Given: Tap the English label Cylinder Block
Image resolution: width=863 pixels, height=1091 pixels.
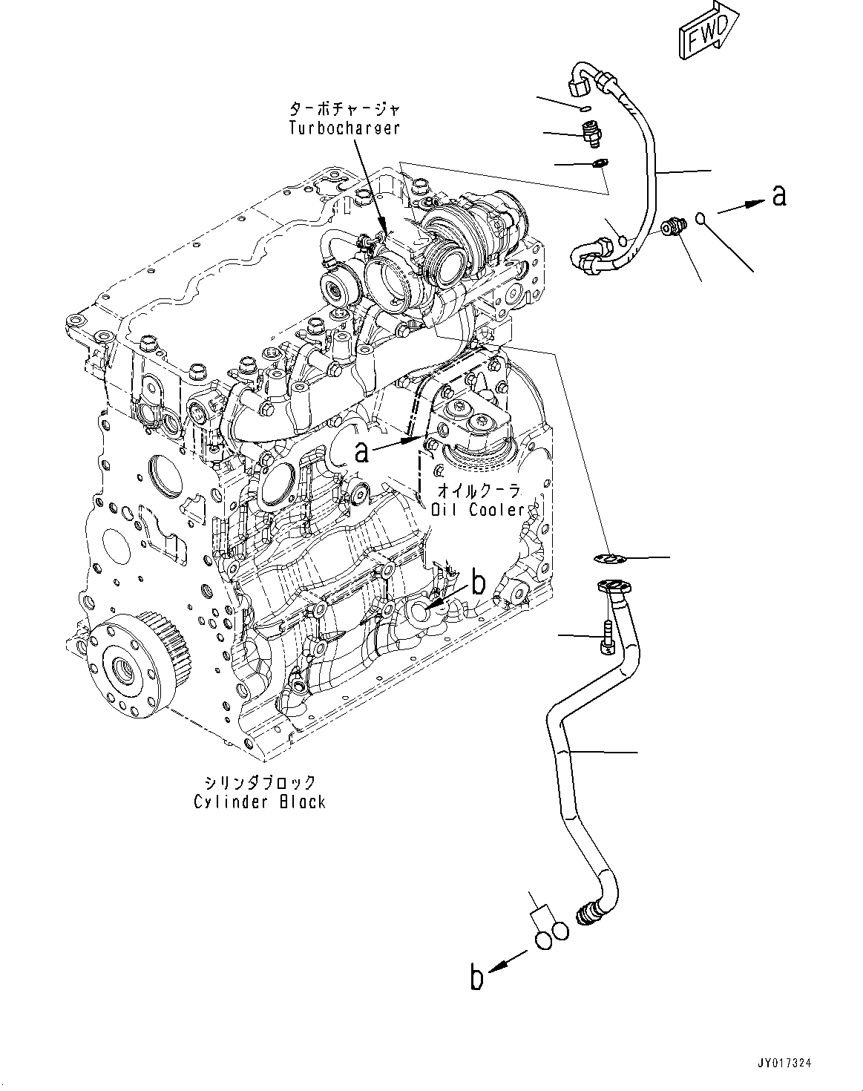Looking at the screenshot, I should pos(260,802).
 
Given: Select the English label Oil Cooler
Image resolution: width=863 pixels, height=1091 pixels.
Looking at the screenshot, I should pos(478,510).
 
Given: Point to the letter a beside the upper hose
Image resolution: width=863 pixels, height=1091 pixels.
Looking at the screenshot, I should pos(778,195).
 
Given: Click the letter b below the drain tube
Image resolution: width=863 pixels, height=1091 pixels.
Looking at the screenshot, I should pos(476,977).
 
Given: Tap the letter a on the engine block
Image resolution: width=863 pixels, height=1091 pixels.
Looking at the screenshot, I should pos(361,451).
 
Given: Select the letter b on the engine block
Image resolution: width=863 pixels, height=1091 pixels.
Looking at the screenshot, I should pos(479,583).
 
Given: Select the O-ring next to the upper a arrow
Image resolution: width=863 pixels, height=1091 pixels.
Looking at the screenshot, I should pos(701,217).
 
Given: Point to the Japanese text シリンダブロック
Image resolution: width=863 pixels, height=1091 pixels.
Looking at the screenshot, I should pos(260,782).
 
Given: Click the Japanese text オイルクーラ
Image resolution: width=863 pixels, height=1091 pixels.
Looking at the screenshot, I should pos(478,491).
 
